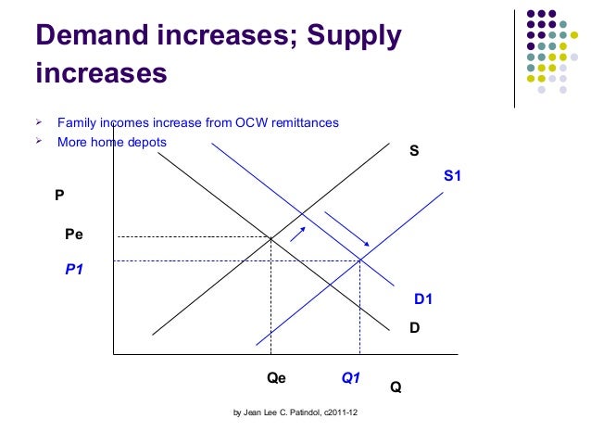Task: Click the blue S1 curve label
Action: [x=453, y=173]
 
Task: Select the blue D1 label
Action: [x=422, y=299]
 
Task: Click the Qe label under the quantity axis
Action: [x=276, y=378]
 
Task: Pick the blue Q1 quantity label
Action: [x=351, y=378]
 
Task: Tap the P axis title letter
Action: [x=59, y=196]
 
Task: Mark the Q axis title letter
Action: [x=396, y=387]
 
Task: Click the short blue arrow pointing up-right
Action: [x=298, y=232]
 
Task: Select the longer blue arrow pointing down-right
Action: [x=347, y=229]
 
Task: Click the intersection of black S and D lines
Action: [x=270, y=238]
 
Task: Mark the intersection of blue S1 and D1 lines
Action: [x=359, y=260]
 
